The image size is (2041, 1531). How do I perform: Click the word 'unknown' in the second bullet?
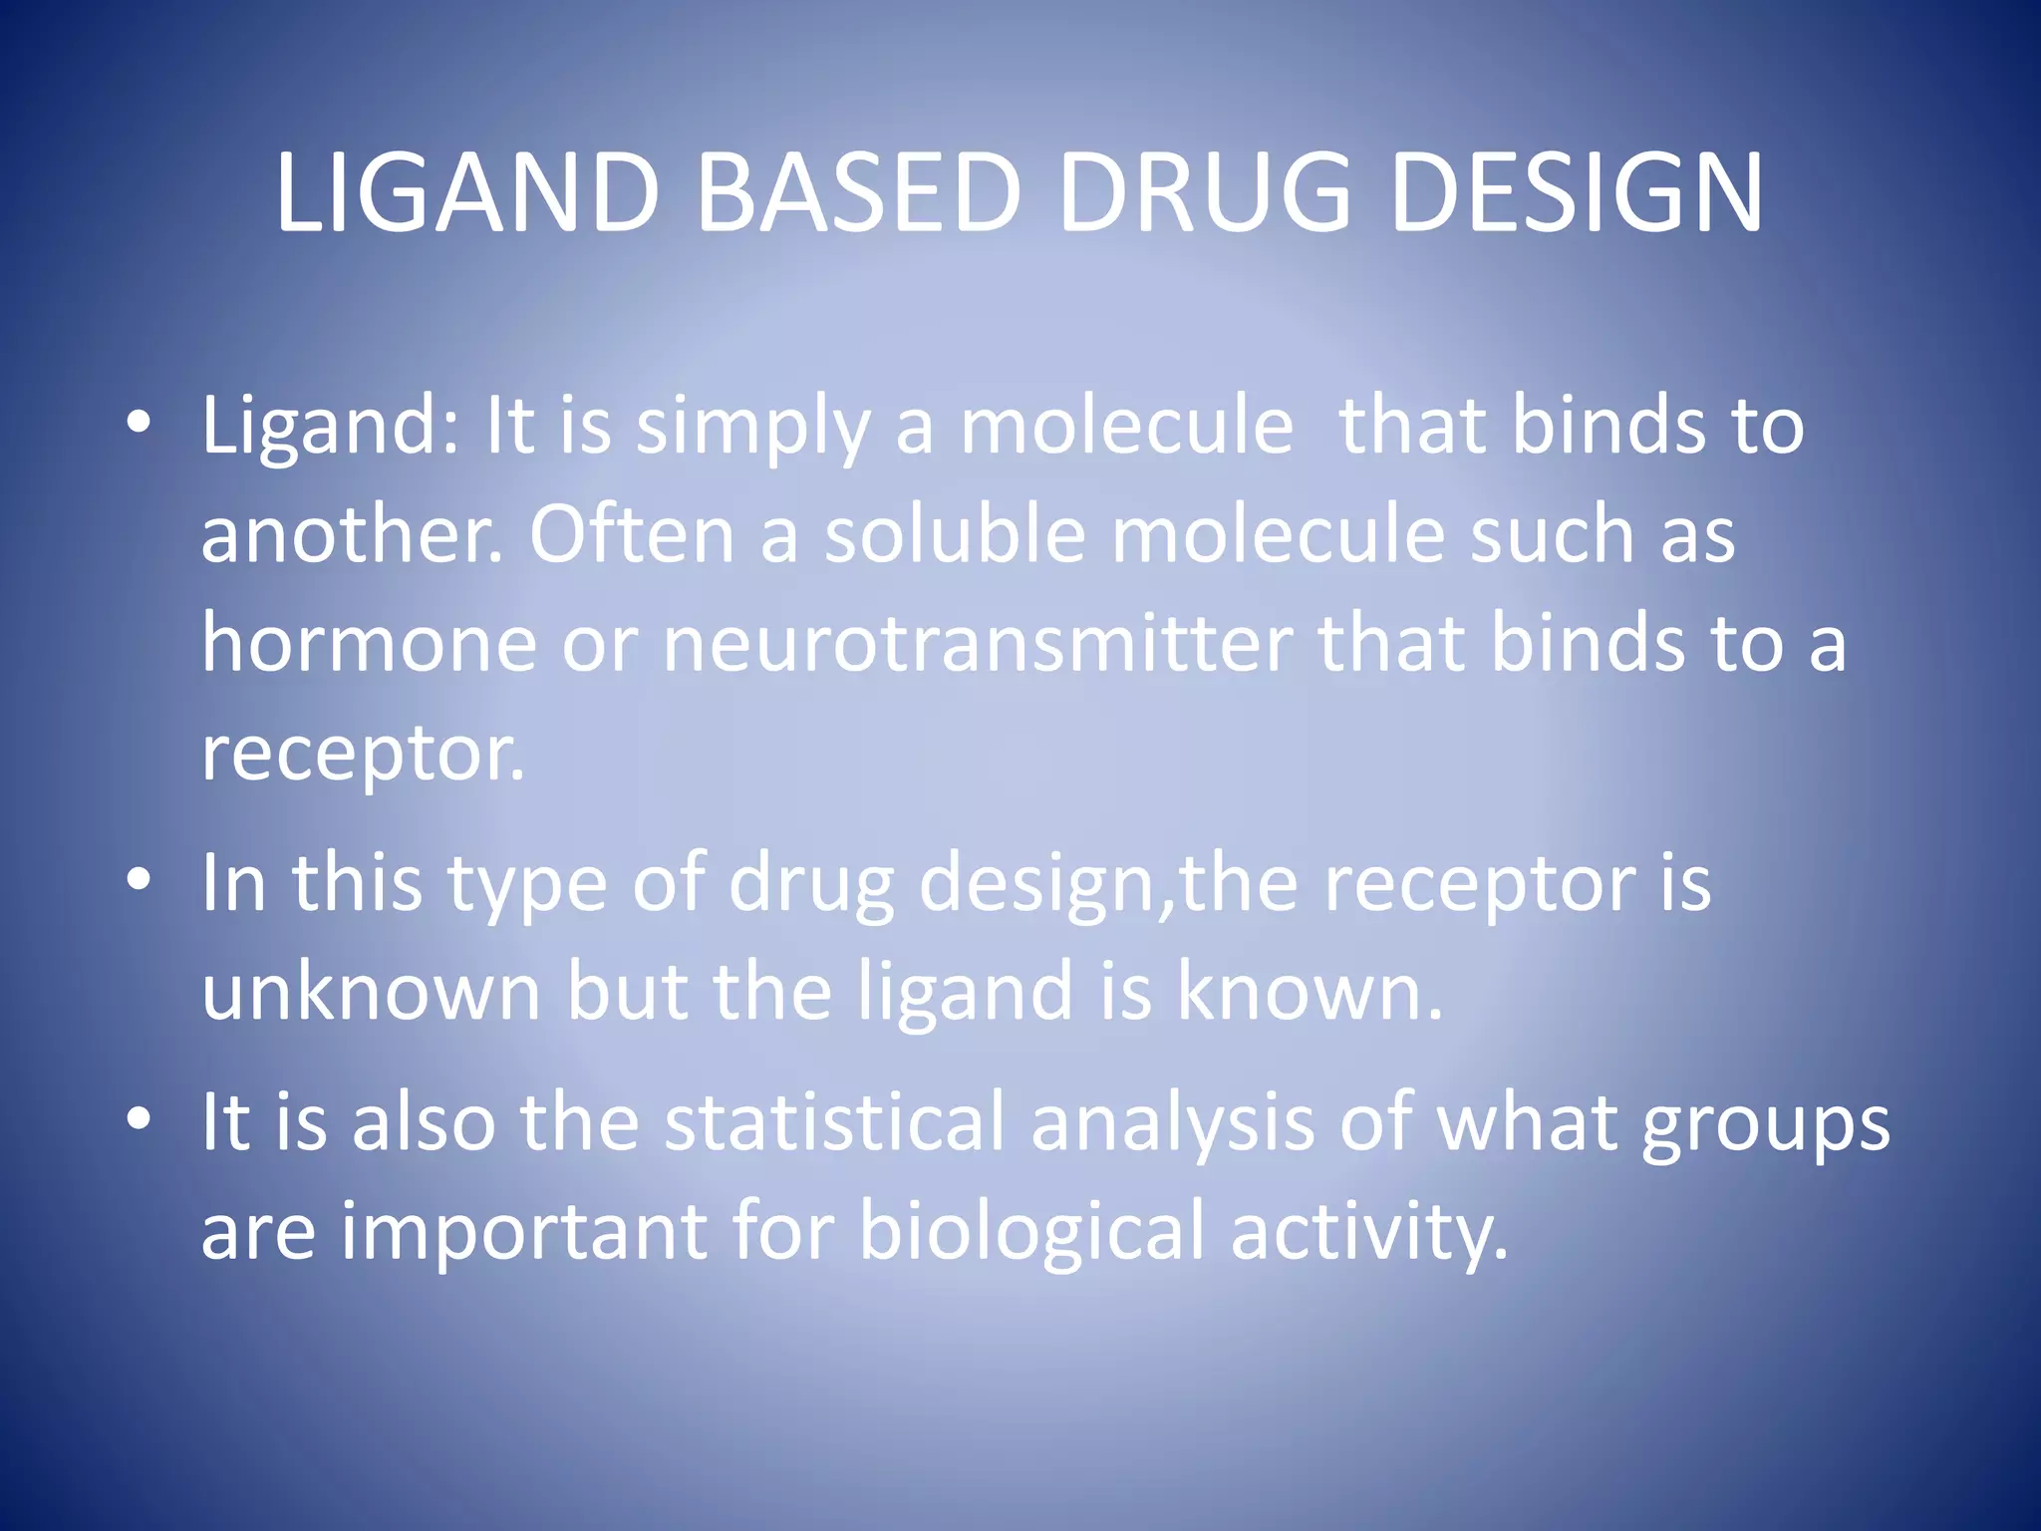click(371, 991)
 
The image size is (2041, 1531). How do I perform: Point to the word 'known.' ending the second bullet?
click(1310, 991)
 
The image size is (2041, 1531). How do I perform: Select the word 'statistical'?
click(834, 1122)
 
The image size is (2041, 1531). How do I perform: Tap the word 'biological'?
click(1031, 1232)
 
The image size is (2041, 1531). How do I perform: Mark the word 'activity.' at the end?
click(1369, 1232)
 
